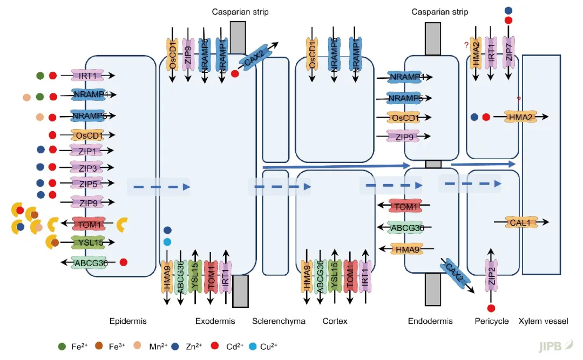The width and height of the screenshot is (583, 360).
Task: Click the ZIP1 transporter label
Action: (x=86, y=151)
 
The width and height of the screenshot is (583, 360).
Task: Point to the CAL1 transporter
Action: (x=522, y=222)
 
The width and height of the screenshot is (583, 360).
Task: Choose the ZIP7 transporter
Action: (x=508, y=52)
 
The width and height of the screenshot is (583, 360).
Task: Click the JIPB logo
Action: (x=552, y=346)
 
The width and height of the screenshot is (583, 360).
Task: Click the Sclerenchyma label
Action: (x=279, y=321)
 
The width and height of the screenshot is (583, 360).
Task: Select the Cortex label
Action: (x=335, y=321)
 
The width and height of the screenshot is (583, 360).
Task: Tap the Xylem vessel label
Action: (x=543, y=321)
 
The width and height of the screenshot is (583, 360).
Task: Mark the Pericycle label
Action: (x=491, y=321)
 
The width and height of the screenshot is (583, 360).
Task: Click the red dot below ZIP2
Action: (x=491, y=308)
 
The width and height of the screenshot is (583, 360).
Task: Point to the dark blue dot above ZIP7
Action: (x=508, y=10)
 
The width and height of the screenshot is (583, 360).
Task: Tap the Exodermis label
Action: (x=215, y=321)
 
